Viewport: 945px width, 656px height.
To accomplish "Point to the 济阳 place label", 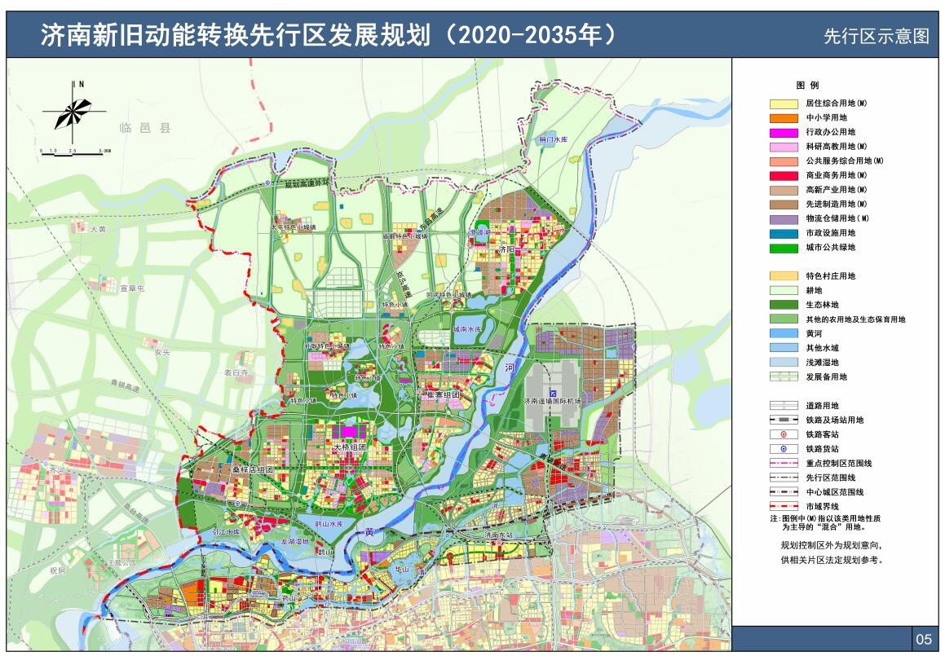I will point(507,249).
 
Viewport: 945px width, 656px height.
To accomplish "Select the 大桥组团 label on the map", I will point(350,447).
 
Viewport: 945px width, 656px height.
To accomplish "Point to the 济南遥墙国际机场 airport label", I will point(553,402).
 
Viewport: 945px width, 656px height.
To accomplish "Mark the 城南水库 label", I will point(466,329).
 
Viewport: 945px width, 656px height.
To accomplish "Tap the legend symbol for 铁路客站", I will point(783,434).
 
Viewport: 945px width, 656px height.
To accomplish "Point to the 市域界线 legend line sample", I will point(783,506).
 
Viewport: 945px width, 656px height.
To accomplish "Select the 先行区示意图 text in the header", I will point(876,37).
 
